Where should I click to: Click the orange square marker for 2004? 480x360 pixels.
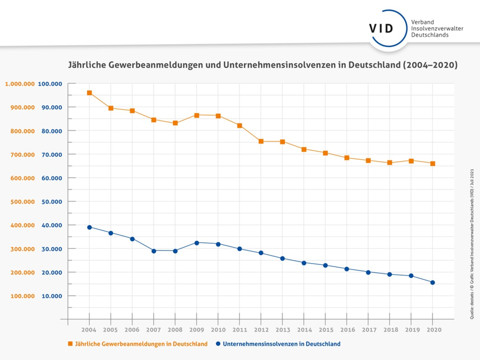[x=90, y=93]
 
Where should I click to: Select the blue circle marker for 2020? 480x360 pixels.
[x=432, y=282]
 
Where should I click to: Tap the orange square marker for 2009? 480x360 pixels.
[x=197, y=115]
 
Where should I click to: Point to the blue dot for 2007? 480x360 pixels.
[x=154, y=251]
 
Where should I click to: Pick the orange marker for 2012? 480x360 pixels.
[x=261, y=141]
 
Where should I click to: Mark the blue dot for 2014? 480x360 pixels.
[x=304, y=263]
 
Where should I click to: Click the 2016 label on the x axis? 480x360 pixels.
[x=347, y=330]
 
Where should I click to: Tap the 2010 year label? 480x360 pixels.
[x=218, y=330]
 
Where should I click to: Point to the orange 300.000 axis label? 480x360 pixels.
[x=20, y=249]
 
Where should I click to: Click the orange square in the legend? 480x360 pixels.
[x=70, y=344]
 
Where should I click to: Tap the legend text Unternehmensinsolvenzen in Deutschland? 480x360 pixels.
[x=282, y=344]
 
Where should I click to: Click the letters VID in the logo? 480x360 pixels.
[x=381, y=28]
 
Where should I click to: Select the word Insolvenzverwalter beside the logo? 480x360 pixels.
[x=437, y=28]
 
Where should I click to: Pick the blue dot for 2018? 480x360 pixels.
[x=390, y=274]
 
